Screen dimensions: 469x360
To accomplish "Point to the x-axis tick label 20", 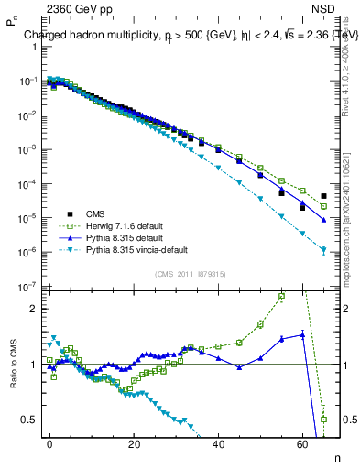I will (x=134, y=443).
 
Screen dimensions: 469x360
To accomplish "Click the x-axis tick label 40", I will (x=218, y=443).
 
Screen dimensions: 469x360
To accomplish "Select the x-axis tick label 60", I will (x=302, y=443).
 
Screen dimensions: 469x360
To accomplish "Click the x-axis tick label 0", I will (x=49, y=443).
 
